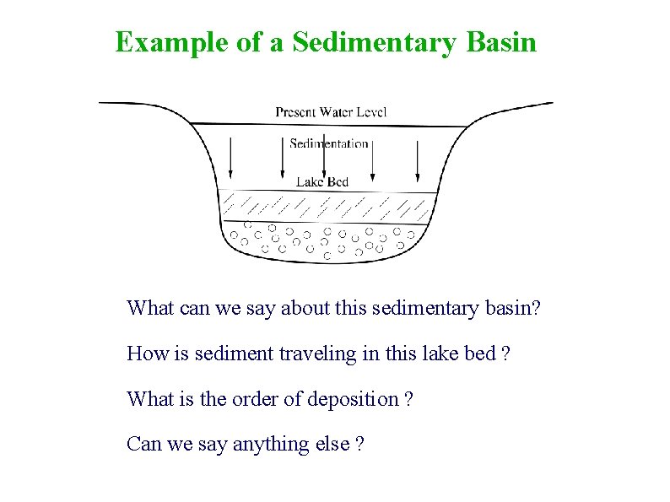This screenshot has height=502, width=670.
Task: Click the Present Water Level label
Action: (x=331, y=112)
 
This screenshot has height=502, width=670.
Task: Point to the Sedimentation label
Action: (x=329, y=143)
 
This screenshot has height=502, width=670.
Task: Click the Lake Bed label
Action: (x=322, y=181)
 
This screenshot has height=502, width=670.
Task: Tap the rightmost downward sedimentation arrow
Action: (x=418, y=160)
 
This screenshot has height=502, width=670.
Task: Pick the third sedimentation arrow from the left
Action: (x=371, y=160)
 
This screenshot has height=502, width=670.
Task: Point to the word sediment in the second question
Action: (x=225, y=354)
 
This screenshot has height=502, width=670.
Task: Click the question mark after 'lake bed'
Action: (x=505, y=354)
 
